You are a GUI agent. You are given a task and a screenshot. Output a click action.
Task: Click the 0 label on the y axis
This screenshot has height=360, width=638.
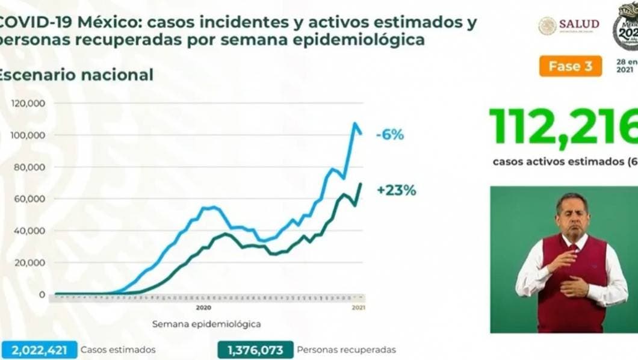[x=42, y=294]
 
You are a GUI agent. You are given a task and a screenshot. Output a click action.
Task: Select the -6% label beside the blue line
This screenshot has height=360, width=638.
[x=389, y=135]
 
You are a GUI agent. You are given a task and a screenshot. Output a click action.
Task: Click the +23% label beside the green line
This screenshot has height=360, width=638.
[x=396, y=191]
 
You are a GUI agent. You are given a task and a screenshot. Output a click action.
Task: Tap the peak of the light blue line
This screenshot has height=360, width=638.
[x=355, y=124]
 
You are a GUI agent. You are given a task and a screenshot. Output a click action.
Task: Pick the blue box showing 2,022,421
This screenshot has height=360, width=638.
[x=39, y=349]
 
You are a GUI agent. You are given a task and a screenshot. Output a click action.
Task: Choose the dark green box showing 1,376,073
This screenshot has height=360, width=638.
[x=256, y=349]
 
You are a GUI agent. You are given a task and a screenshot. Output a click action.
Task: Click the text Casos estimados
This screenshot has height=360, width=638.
[x=118, y=349]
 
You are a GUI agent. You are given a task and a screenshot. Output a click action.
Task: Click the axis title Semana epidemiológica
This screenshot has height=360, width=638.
[x=206, y=324]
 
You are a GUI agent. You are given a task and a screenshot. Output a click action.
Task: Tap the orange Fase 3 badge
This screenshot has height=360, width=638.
[x=570, y=66]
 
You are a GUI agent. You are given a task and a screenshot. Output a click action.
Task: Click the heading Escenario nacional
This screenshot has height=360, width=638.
[x=76, y=75]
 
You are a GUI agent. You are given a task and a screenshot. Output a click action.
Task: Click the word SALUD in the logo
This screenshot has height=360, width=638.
[x=578, y=24]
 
